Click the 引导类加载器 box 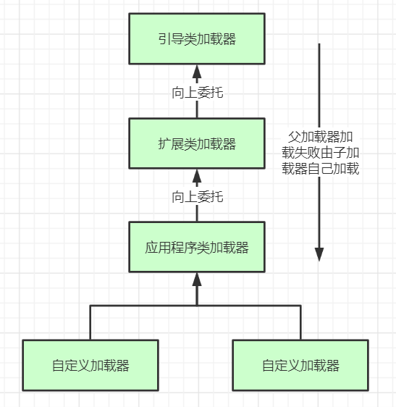click(197, 39)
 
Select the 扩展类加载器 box click(197, 143)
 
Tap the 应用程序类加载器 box click(197, 248)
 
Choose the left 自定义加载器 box click(90, 365)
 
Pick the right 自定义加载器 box click(300, 365)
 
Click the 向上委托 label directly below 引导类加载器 click(197, 92)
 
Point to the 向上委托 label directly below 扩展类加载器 click(197, 196)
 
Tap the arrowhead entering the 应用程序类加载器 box click(197, 279)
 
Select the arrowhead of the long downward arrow click(319, 253)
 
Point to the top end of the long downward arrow click(319, 45)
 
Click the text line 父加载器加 click(321, 137)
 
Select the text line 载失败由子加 click(321, 153)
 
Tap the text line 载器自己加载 click(321, 169)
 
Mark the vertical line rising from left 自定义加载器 click(90, 322)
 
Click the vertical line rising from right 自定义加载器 click(300, 322)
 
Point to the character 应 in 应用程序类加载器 click(151, 248)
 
